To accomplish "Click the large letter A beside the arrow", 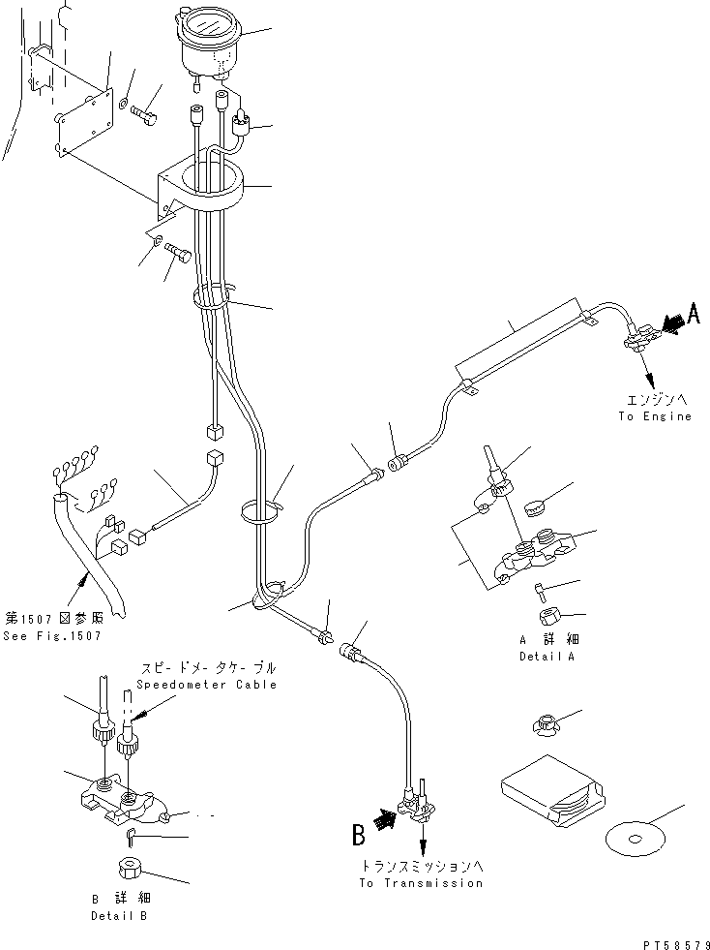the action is (693, 314).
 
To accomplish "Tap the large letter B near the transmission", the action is (358, 835).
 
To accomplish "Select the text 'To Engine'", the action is (654, 416).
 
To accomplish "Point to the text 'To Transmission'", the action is (422, 883).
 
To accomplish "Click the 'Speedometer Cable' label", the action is (206, 685).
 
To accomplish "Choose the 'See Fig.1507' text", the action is (52, 636).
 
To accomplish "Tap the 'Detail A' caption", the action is (546, 657).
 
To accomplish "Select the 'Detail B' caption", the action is (119, 916).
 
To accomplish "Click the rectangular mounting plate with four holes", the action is (85, 122).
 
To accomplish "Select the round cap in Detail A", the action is (536, 507).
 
